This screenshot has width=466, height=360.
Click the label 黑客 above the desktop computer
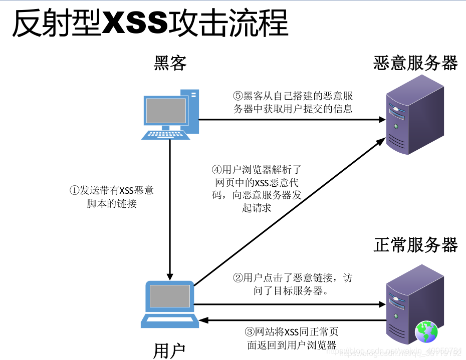pos(170,63)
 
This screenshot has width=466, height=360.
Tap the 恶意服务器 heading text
pos(415,63)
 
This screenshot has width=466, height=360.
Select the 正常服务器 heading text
pos(415,245)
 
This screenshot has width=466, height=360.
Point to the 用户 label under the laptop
pos(169,350)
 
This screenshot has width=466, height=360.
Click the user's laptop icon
pos(169,303)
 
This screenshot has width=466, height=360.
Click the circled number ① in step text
pos(74,191)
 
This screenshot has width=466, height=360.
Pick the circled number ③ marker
pos(250,332)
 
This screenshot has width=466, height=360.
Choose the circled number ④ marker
pos(216,170)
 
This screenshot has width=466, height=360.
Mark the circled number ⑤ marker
pos(238,96)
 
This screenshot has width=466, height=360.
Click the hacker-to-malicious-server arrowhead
pos(380,120)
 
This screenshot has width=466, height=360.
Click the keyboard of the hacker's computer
pos(166,135)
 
